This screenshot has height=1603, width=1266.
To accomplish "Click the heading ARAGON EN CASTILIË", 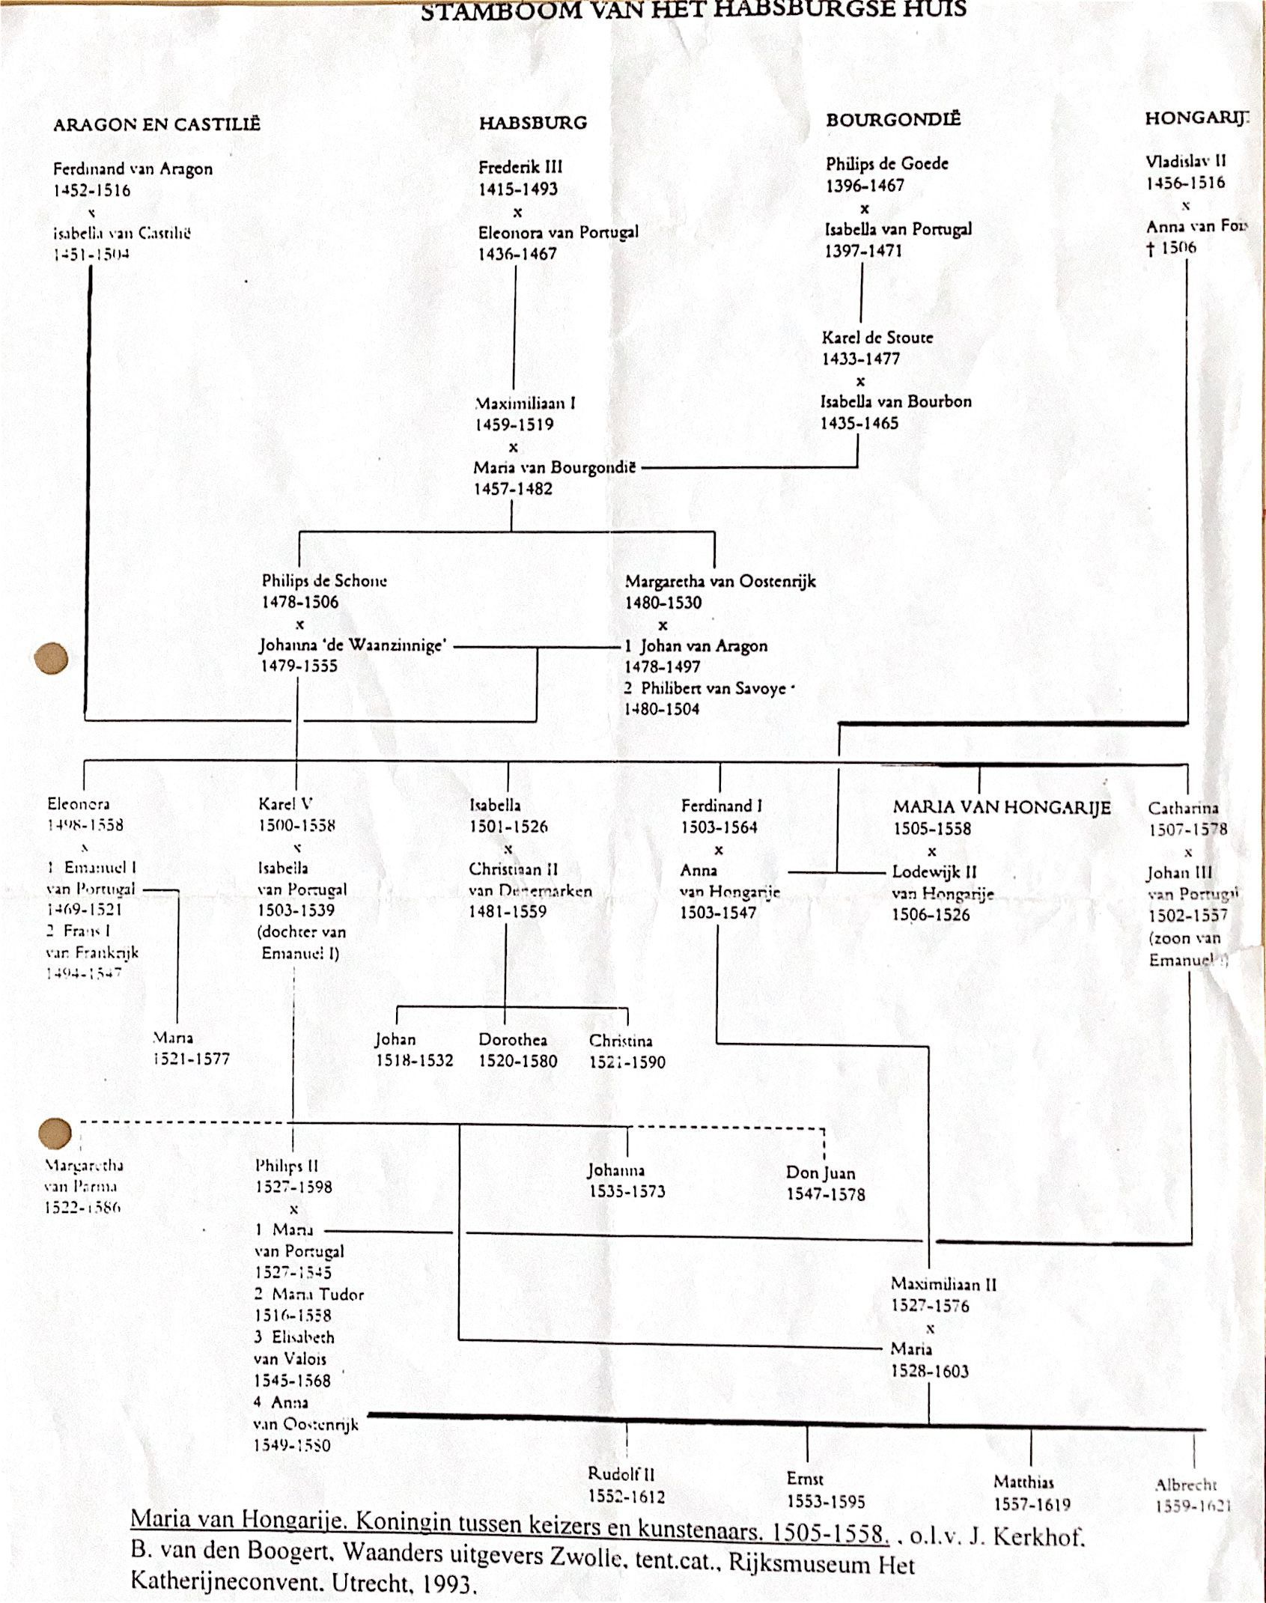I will point(156,124).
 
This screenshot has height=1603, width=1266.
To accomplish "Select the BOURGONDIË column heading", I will point(893,120).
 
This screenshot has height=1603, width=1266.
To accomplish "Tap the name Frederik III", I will point(520,167).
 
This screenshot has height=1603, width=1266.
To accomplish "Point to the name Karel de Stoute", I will point(877,337).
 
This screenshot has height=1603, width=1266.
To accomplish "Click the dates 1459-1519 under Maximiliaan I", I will point(514,425).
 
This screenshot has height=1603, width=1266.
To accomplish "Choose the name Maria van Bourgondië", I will point(554,468).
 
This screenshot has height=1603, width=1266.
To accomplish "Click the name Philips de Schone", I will point(324,580).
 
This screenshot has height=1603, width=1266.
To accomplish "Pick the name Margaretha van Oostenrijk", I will point(720,581).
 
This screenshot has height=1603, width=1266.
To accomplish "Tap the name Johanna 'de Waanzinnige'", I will point(353,645).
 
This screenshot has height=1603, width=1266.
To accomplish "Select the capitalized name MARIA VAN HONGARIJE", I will point(1002,807).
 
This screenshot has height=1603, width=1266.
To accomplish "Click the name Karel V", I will point(285,804).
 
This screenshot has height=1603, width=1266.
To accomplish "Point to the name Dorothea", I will point(513,1040).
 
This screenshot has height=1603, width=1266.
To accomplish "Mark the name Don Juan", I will point(821,1173).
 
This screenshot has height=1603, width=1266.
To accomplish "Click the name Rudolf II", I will point(621,1474).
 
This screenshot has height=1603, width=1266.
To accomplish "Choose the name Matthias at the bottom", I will point(1023,1482).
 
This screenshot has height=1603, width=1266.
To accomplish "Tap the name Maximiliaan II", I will point(943,1284).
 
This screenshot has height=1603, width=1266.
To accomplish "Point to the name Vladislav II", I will point(1185,161).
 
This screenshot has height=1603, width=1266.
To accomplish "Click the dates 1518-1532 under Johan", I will point(414,1061).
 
